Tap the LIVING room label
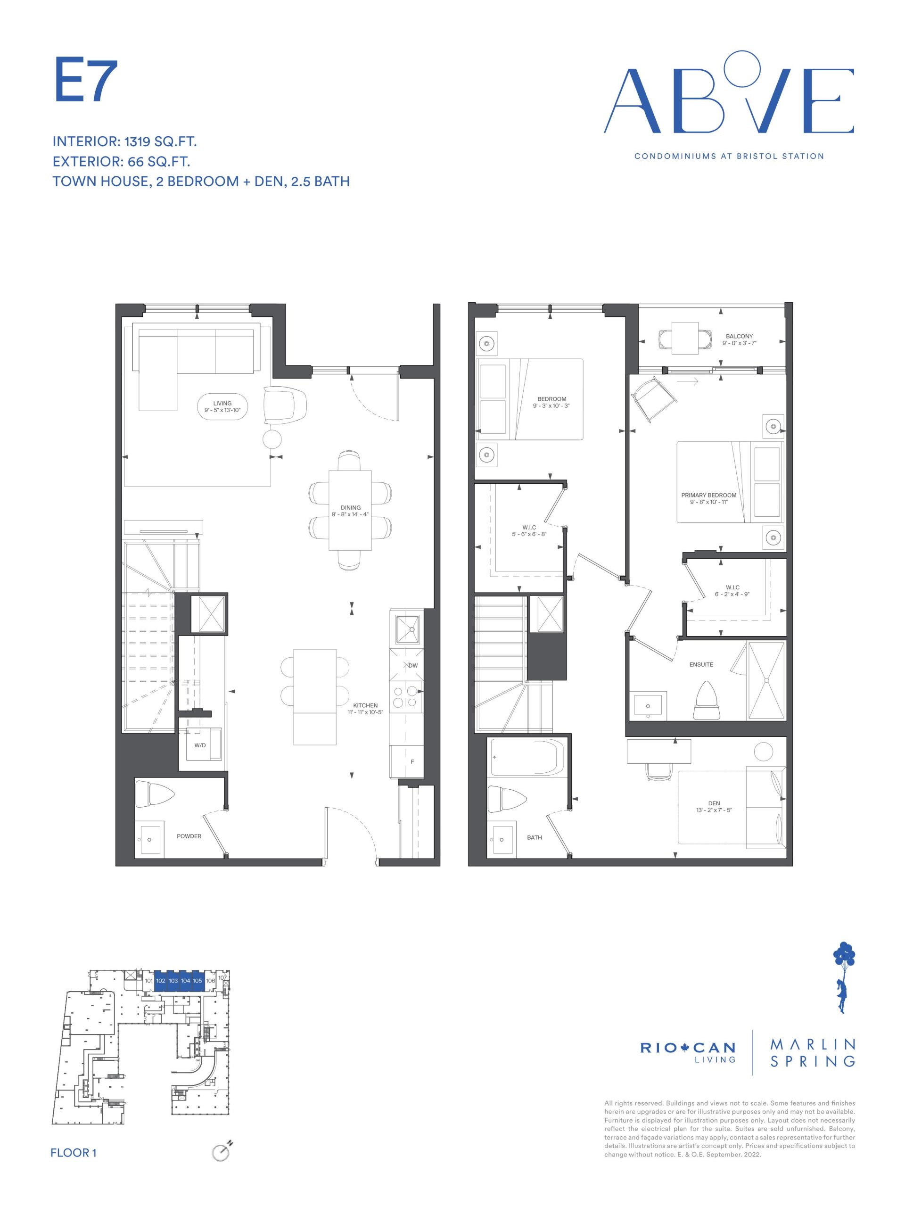(x=222, y=403)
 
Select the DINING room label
(x=350, y=507)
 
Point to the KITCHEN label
(x=365, y=705)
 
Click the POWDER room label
(x=189, y=836)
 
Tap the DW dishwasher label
(x=413, y=665)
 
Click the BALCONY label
(x=739, y=336)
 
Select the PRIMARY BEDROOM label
(x=708, y=495)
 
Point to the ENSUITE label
(x=701, y=664)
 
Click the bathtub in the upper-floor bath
(x=523, y=756)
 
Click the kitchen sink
(x=406, y=628)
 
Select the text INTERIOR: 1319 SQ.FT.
(x=124, y=142)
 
